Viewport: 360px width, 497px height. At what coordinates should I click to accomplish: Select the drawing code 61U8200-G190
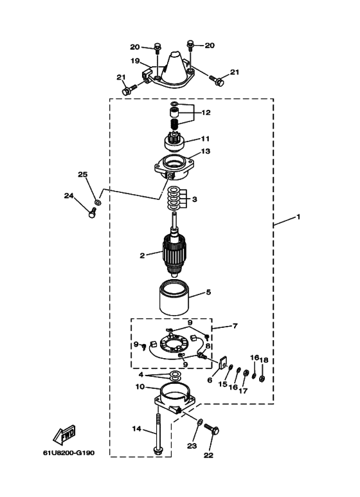[x=69, y=453]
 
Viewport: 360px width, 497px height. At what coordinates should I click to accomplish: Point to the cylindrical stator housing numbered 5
[x=174, y=298]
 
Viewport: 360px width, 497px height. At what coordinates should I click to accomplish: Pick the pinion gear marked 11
[x=174, y=141]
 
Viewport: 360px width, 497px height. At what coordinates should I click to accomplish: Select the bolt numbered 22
[x=212, y=429]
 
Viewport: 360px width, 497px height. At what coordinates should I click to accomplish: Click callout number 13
[x=205, y=151]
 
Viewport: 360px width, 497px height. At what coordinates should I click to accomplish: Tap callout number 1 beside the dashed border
[x=298, y=217]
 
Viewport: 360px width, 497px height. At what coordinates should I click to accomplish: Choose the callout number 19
[x=135, y=60]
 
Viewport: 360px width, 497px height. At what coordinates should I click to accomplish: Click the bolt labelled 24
[x=92, y=212]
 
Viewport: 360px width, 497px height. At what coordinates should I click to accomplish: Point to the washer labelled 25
[x=98, y=202]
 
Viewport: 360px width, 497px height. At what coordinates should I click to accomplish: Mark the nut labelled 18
[x=262, y=378]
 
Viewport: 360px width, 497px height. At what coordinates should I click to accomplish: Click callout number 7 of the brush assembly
[x=235, y=325]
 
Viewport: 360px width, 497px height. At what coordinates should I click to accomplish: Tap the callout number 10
[x=139, y=386]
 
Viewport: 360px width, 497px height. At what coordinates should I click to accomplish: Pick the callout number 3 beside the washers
[x=195, y=199]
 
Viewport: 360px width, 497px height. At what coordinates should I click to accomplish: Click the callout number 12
[x=206, y=113]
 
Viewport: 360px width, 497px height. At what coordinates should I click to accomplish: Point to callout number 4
[x=141, y=375]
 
